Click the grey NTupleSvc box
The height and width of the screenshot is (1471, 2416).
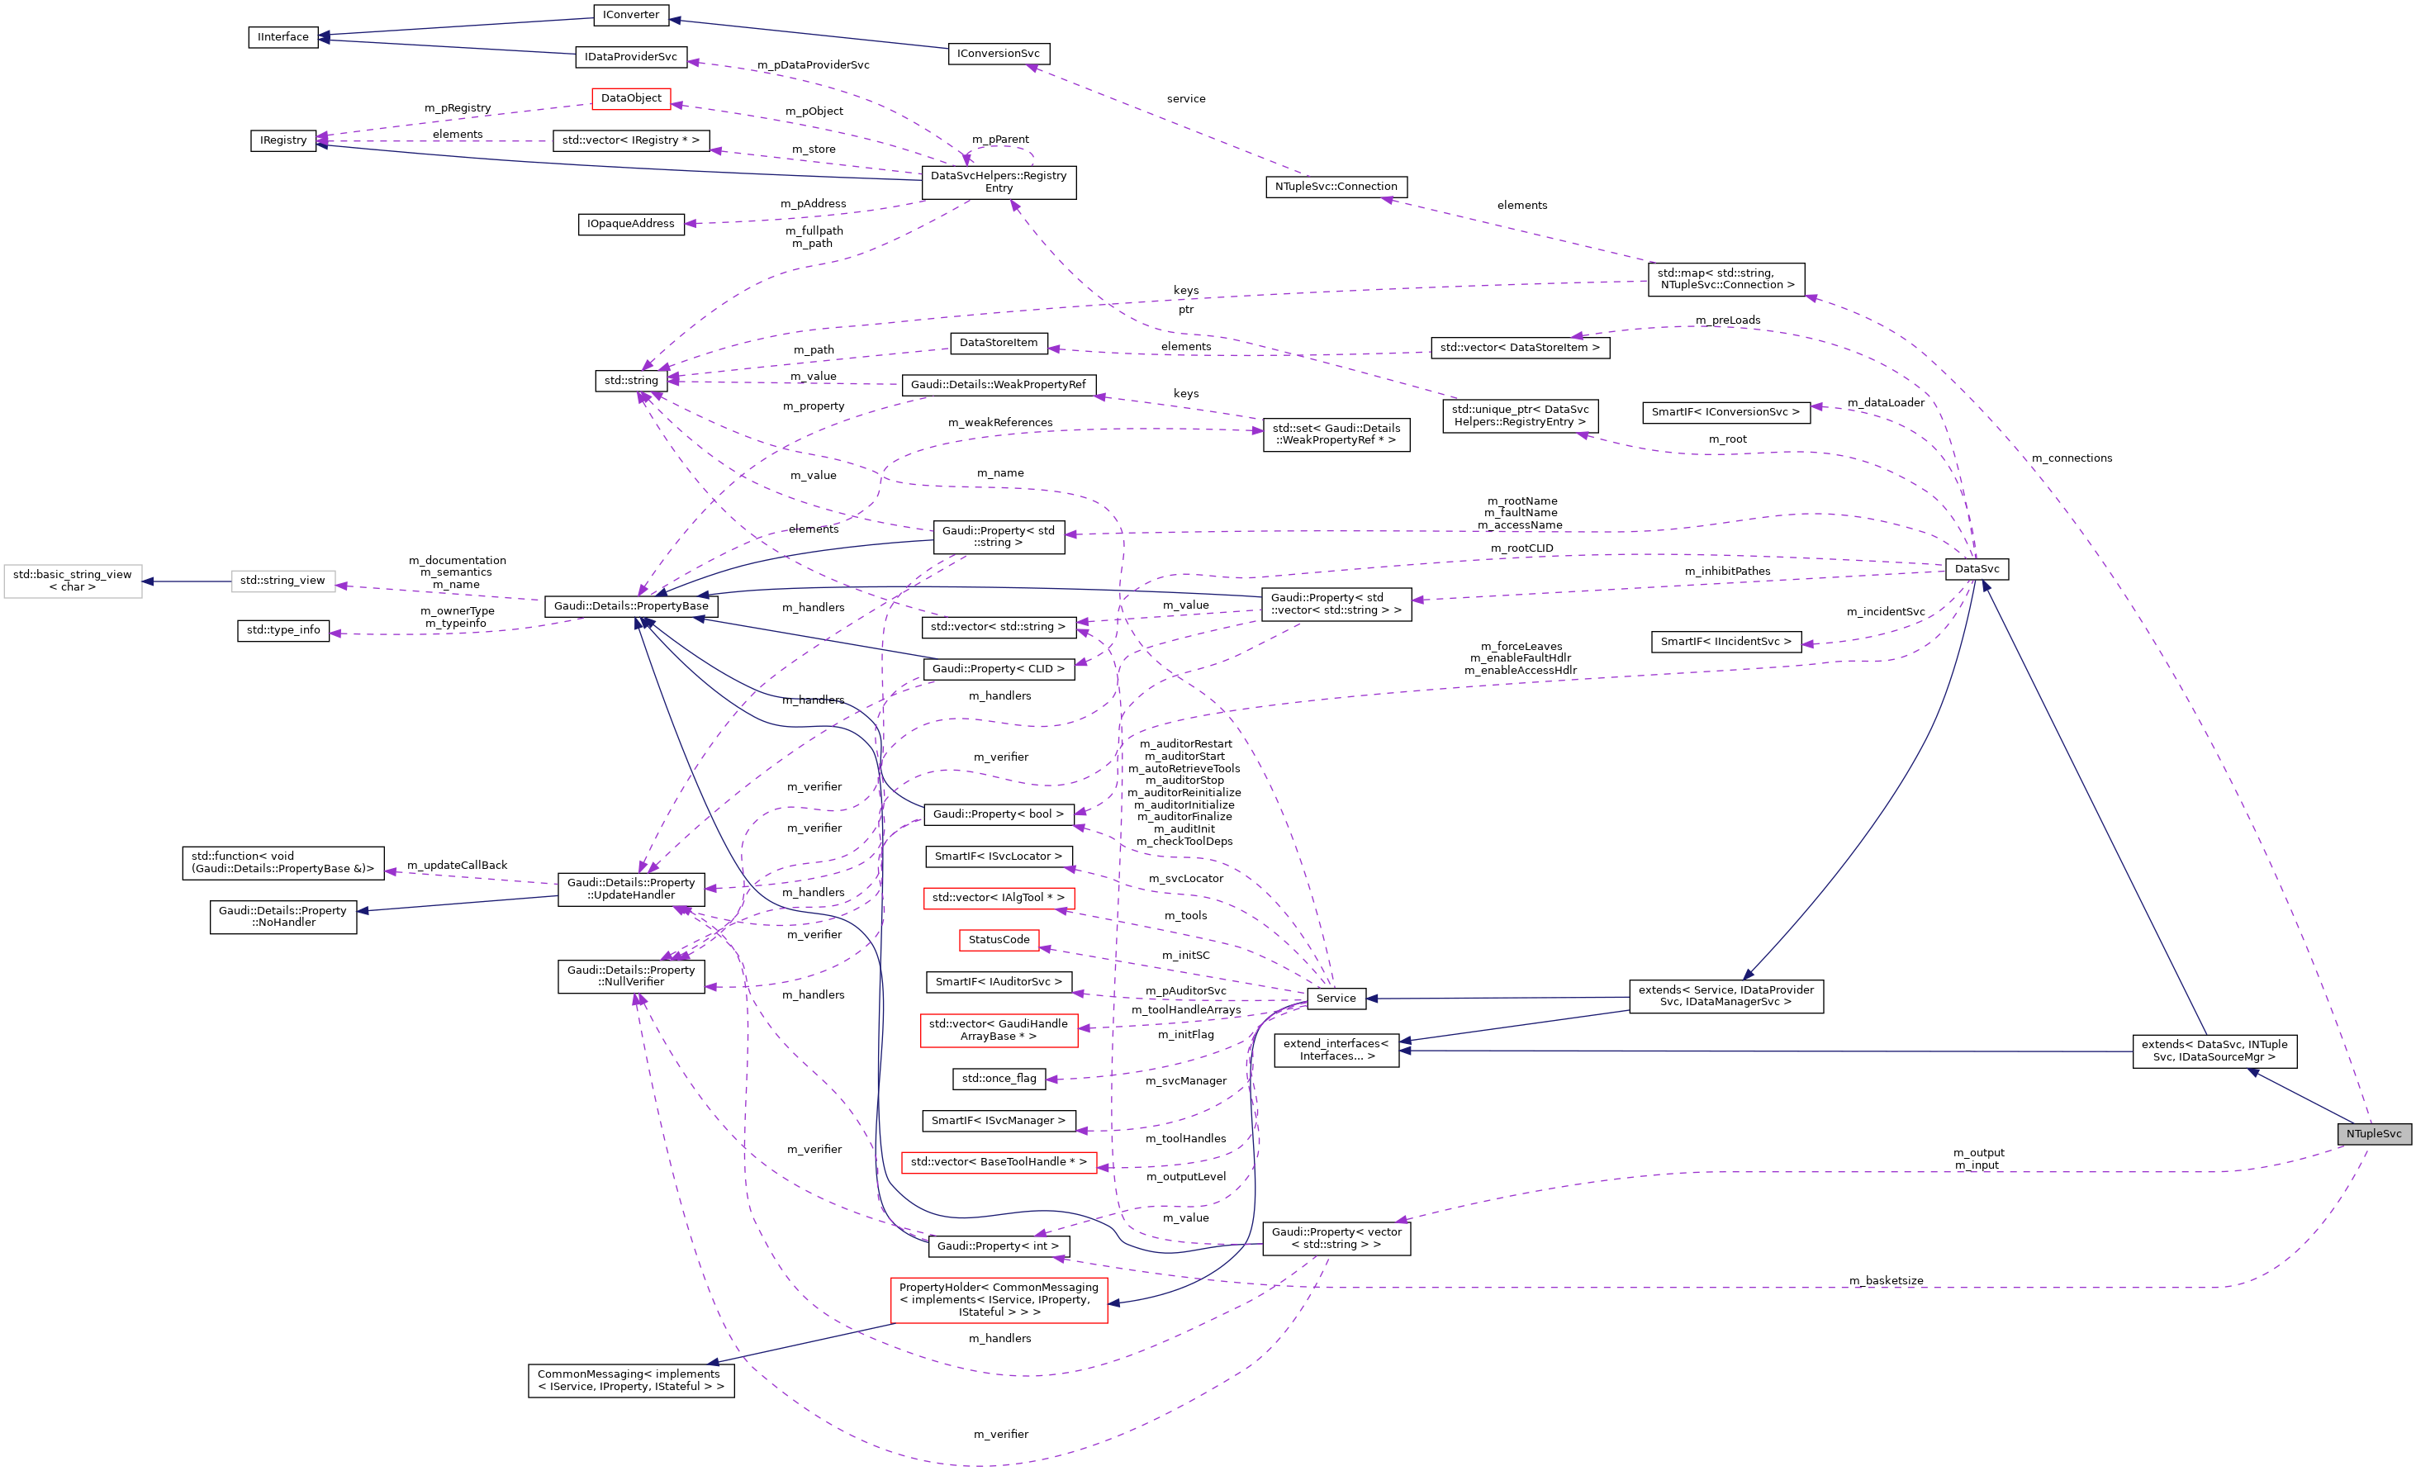(2373, 1134)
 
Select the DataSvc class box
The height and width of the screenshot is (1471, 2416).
(1976, 569)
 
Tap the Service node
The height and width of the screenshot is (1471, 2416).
(1336, 999)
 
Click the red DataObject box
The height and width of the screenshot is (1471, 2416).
(630, 98)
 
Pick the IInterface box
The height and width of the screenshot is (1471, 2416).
(282, 37)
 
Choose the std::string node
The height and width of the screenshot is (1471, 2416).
(630, 381)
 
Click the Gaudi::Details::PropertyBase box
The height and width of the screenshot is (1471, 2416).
(630, 606)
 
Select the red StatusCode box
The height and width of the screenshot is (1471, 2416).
(998, 939)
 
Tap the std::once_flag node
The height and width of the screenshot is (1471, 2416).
(998, 1079)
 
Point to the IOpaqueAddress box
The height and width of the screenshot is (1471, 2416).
(630, 224)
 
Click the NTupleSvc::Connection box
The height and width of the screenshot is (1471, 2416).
(1336, 187)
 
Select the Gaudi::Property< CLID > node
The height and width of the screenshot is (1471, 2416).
(997, 669)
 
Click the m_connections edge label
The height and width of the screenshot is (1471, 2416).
(2071, 458)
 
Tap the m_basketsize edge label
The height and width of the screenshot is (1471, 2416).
(1886, 1281)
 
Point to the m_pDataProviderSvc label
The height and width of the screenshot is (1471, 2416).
(813, 64)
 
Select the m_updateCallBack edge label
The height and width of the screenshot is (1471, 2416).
(457, 865)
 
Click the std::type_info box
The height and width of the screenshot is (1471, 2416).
(282, 629)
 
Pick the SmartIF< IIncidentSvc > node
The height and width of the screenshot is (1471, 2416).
(1725, 642)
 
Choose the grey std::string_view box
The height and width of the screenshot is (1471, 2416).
(282, 581)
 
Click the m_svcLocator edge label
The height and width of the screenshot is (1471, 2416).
(1185, 879)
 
